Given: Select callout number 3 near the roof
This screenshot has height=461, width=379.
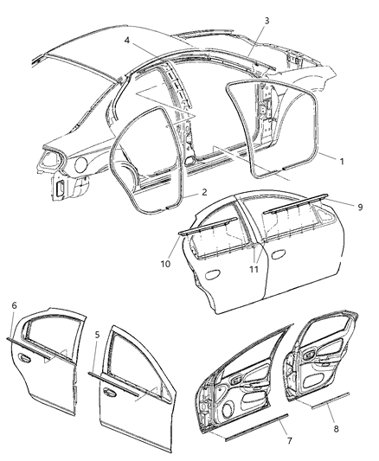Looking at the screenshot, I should tap(267, 20).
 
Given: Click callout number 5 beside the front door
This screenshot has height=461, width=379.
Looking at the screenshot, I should tap(96, 334).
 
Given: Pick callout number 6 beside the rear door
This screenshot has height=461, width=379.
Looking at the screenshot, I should tap(15, 306).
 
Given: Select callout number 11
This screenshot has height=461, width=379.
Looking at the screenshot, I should tap(254, 269).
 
